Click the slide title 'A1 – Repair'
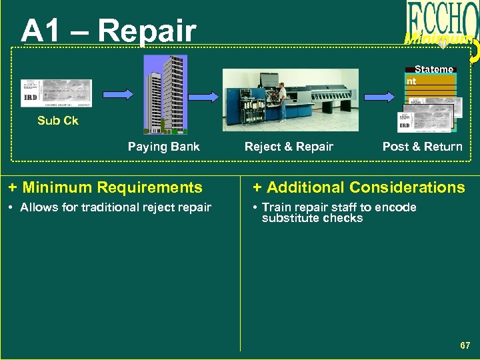coord(108,31)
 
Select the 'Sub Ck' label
coord(58,121)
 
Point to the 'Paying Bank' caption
coord(163,147)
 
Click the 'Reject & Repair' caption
coord(289,147)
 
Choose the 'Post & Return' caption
coord(422,147)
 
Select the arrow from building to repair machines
coord(205,97)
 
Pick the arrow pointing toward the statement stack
coord(385,97)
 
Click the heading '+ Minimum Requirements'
coord(105,188)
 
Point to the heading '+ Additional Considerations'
coord(359,188)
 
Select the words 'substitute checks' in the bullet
coord(312,219)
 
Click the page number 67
coord(465,345)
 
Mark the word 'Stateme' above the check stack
coord(433,69)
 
